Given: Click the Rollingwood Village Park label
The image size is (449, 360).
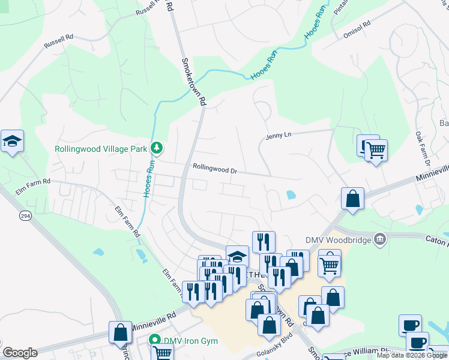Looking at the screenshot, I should pos(101,149).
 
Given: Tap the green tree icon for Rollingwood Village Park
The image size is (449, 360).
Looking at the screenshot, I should pos(157,146).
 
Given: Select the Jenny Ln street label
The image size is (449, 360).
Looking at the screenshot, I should pos(279,137).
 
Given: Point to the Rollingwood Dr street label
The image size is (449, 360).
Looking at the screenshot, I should pos(215,170).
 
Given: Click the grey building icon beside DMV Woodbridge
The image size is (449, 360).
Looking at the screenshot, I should pos(379,239).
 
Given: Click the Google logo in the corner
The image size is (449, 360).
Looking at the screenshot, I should pos(20,353).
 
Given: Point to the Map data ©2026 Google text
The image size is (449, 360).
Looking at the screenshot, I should pos(411,355).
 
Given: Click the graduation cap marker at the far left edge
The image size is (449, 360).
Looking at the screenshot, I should pos(12,141).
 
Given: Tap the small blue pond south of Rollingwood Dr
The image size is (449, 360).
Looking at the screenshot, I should pos(291,195).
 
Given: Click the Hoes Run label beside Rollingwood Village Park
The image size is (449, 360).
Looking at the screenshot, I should pos(146,178).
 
